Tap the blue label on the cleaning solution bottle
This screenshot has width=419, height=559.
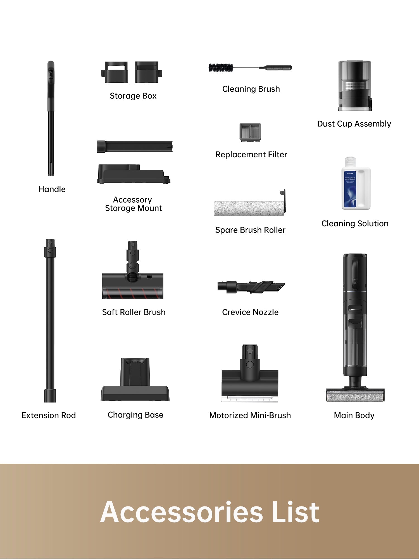(x=350, y=189)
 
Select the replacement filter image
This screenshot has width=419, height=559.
(x=250, y=132)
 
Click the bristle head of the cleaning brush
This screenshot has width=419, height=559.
(x=221, y=68)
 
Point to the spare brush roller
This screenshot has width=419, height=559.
(x=249, y=208)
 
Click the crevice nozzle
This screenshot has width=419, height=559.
(x=251, y=287)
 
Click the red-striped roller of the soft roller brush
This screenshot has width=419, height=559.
(x=132, y=293)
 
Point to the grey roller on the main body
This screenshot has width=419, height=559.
(x=355, y=396)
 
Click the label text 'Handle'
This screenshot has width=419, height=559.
(x=52, y=189)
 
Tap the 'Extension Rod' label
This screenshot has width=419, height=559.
(x=49, y=415)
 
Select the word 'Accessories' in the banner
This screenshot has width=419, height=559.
(x=182, y=512)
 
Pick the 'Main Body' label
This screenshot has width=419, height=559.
(x=354, y=415)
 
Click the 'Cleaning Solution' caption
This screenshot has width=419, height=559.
(x=355, y=224)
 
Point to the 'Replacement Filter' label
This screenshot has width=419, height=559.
(x=251, y=155)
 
